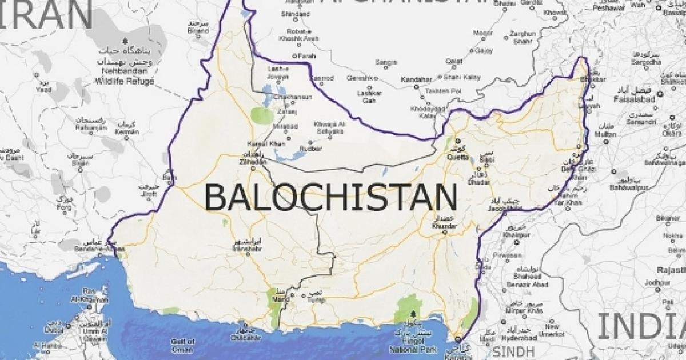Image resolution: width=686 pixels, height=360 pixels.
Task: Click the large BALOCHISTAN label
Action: tap(331, 197)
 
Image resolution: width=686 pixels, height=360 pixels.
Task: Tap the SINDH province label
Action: tap(507, 350)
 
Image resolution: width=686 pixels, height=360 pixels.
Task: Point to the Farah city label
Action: tap(307, 56)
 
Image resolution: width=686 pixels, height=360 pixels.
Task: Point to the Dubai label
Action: tap(54, 330)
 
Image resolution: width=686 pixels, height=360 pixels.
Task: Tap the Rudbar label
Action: tap(314, 150)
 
